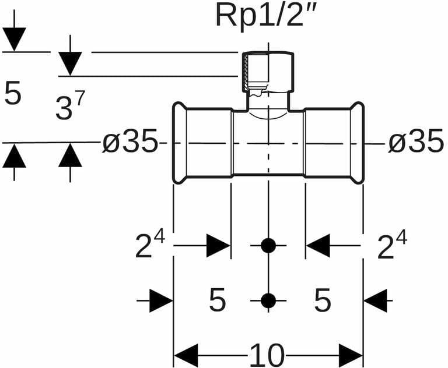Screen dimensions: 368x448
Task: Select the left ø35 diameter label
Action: click(x=129, y=143)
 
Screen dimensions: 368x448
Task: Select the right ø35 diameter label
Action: click(x=416, y=143)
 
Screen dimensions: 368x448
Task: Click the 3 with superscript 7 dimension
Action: click(x=70, y=108)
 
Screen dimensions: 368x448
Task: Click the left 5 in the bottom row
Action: click(x=217, y=301)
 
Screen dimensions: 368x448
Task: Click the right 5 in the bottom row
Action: click(x=322, y=301)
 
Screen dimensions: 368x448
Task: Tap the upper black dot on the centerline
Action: click(x=268, y=246)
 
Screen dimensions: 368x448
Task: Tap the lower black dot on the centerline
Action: click(x=268, y=300)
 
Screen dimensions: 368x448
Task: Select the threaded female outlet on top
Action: click(x=267, y=73)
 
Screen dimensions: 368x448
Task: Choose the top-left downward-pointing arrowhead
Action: click(x=14, y=39)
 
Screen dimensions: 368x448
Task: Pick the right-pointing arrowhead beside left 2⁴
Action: click(x=219, y=246)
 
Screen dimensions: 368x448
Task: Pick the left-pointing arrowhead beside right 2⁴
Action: click(x=318, y=246)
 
